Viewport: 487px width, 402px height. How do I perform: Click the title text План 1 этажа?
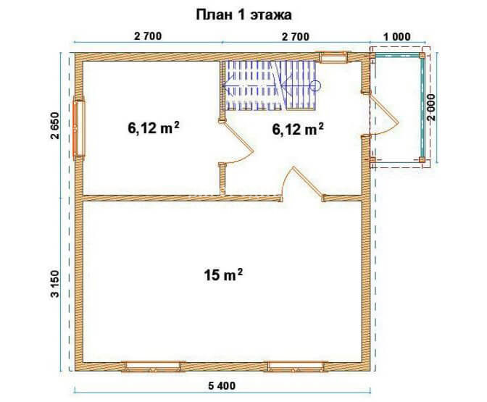pos(243,15)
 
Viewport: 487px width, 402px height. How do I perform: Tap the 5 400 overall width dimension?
pos(222,386)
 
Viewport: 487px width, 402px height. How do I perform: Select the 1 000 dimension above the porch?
pos(397,37)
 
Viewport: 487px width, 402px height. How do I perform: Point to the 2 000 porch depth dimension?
pos(432,107)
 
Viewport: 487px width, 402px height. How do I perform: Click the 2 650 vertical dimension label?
pos(54,126)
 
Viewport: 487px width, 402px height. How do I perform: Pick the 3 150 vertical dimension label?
pos(55,284)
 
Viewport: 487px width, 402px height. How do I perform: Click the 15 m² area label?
pos(223,275)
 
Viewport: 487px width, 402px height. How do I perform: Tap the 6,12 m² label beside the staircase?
pos(298,129)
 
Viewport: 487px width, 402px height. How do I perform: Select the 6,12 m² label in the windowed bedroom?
pos(154,127)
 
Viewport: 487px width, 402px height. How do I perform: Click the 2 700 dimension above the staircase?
pos(296,37)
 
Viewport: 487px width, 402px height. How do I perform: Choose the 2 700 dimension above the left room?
pos(148,36)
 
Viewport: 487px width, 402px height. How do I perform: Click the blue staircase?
pos(270,85)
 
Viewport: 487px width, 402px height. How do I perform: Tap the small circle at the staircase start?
pos(315,85)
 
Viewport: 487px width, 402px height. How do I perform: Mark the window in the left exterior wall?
pos(78,128)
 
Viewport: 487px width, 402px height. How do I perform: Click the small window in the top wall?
pos(333,56)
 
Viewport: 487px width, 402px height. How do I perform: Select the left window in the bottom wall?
pos(153,367)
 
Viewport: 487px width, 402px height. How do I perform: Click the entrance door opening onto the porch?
pos(385,114)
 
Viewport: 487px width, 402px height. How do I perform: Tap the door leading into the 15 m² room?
pos(303,183)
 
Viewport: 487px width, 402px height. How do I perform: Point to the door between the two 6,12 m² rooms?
pos(237,143)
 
